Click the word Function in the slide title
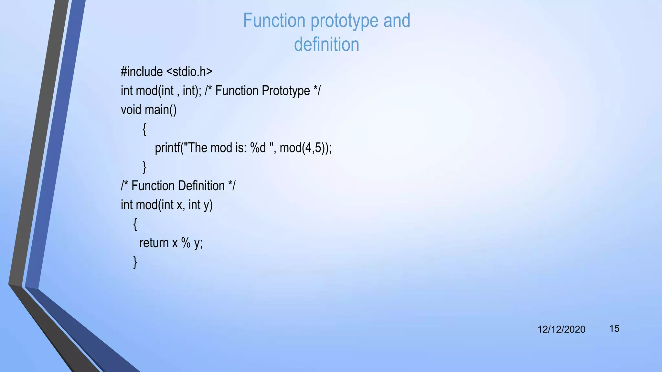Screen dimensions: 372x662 click(x=274, y=21)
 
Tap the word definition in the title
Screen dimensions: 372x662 click(x=326, y=45)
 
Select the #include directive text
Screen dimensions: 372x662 click(x=142, y=72)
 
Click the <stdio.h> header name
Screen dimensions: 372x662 click(x=189, y=72)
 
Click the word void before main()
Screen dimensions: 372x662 click(x=131, y=110)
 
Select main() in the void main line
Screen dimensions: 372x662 click(x=160, y=110)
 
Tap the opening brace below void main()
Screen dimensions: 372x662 click(x=144, y=129)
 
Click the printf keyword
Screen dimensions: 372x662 click(x=167, y=148)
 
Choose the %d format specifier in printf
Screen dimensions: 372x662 click(x=258, y=148)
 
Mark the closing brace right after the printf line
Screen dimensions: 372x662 click(x=144, y=167)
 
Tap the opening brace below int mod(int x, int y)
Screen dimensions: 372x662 click(x=135, y=224)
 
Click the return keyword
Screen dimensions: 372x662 click(x=154, y=243)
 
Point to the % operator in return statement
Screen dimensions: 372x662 click(x=186, y=243)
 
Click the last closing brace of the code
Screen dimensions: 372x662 click(x=135, y=262)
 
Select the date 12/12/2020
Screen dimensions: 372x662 click(x=561, y=329)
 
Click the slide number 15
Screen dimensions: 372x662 click(x=614, y=329)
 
